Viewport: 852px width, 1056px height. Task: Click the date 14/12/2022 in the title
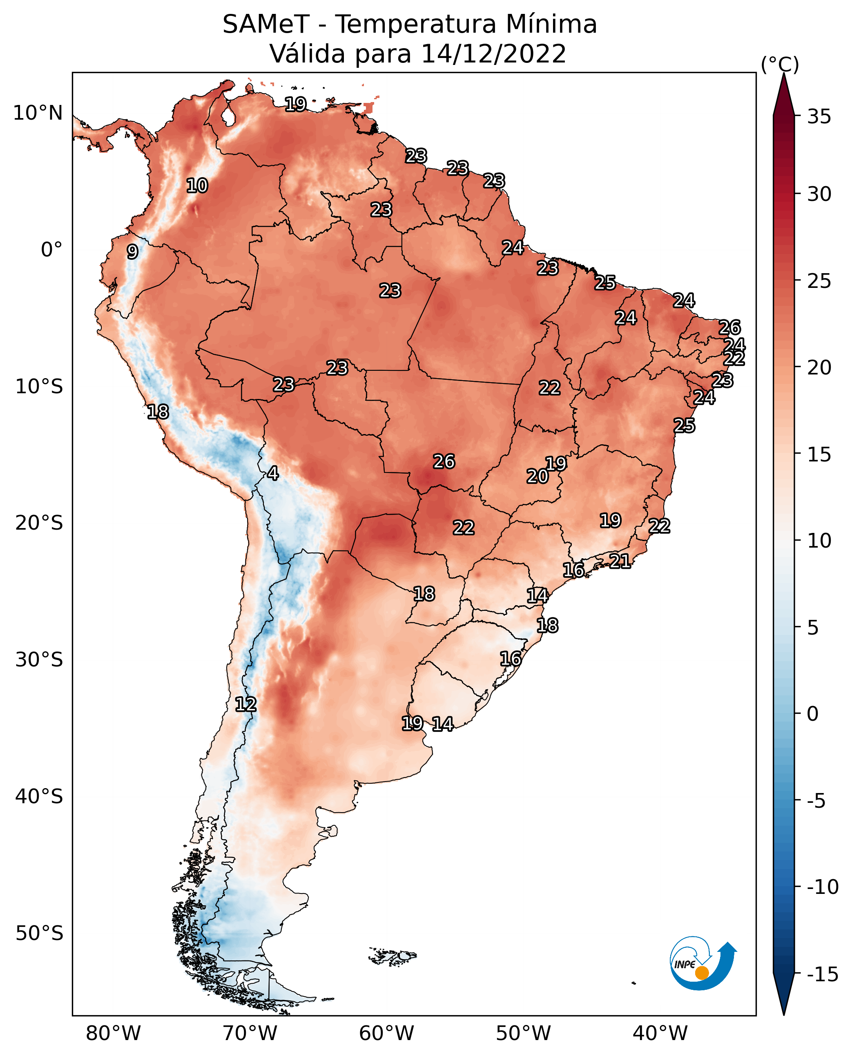click(x=493, y=53)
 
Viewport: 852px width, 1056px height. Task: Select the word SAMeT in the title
click(x=266, y=24)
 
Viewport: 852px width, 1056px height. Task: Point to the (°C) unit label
click(x=780, y=64)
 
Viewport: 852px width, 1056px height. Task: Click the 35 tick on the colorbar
click(x=819, y=117)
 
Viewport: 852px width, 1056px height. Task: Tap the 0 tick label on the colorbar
click(x=813, y=714)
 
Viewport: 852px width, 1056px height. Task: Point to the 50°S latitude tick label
click(x=39, y=933)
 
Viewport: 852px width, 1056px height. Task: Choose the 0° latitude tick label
click(x=51, y=250)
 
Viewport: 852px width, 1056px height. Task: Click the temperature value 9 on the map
click(x=132, y=252)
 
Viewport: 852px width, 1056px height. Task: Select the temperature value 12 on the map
click(x=245, y=705)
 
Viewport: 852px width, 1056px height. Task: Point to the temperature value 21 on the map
click(x=620, y=561)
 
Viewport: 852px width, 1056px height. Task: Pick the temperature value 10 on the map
click(x=197, y=186)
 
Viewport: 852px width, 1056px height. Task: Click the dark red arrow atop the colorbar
click(x=784, y=96)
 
